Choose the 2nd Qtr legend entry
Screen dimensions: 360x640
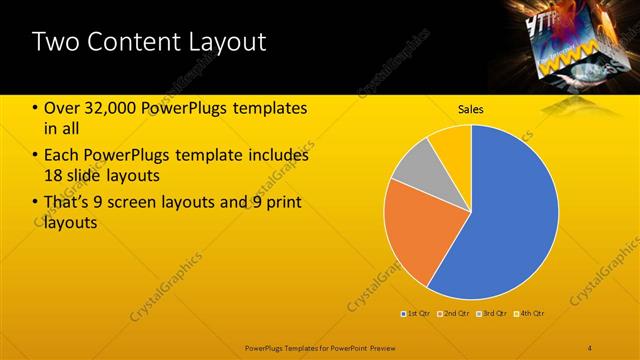pos(454,314)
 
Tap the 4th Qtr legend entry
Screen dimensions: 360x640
pos(530,314)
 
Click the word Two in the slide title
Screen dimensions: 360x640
pos(56,42)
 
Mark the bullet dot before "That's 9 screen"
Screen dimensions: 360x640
pos(36,204)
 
